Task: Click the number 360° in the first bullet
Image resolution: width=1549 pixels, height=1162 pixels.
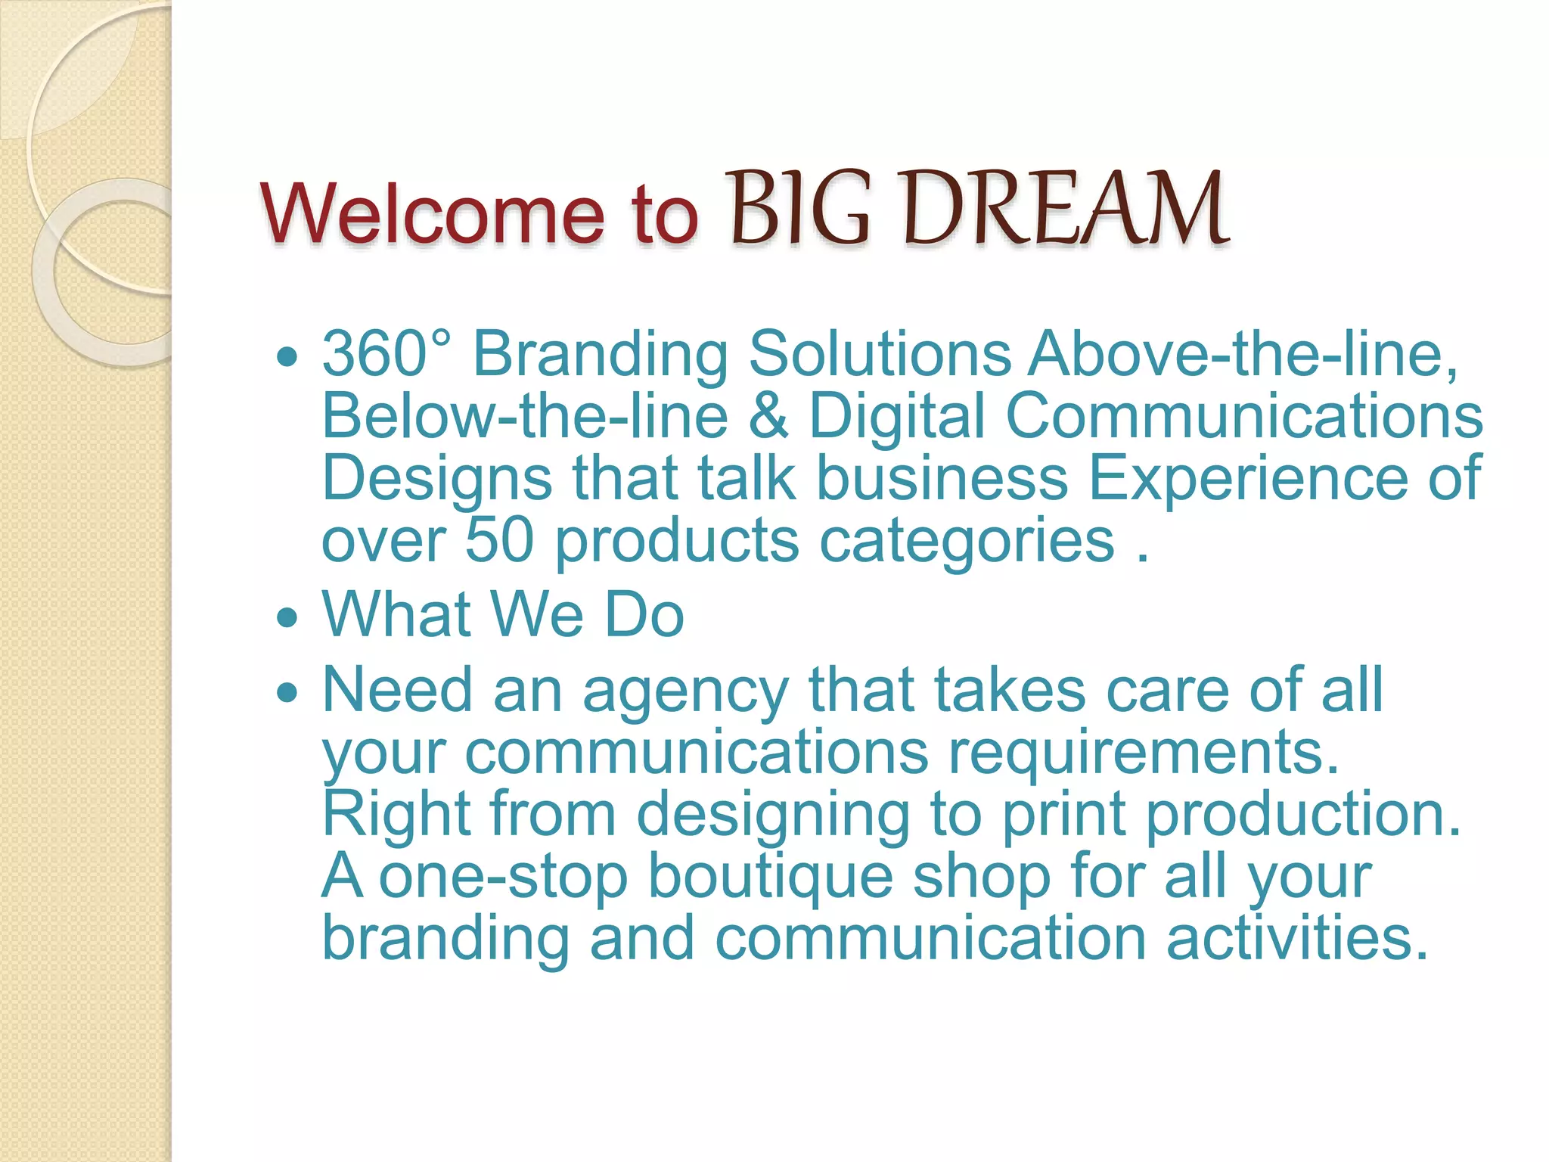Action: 386,353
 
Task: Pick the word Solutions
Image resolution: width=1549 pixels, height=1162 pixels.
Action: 880,353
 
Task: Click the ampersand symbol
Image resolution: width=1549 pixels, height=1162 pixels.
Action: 768,416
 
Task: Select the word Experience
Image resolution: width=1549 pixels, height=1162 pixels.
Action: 1247,478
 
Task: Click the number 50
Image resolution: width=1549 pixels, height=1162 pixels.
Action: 499,540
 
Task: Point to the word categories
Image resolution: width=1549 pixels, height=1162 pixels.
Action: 967,542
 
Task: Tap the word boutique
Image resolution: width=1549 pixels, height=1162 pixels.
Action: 771,878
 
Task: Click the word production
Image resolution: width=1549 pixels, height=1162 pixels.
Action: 1303,816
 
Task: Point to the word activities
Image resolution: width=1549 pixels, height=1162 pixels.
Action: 1297,939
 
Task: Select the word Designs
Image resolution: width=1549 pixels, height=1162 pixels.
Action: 437,480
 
